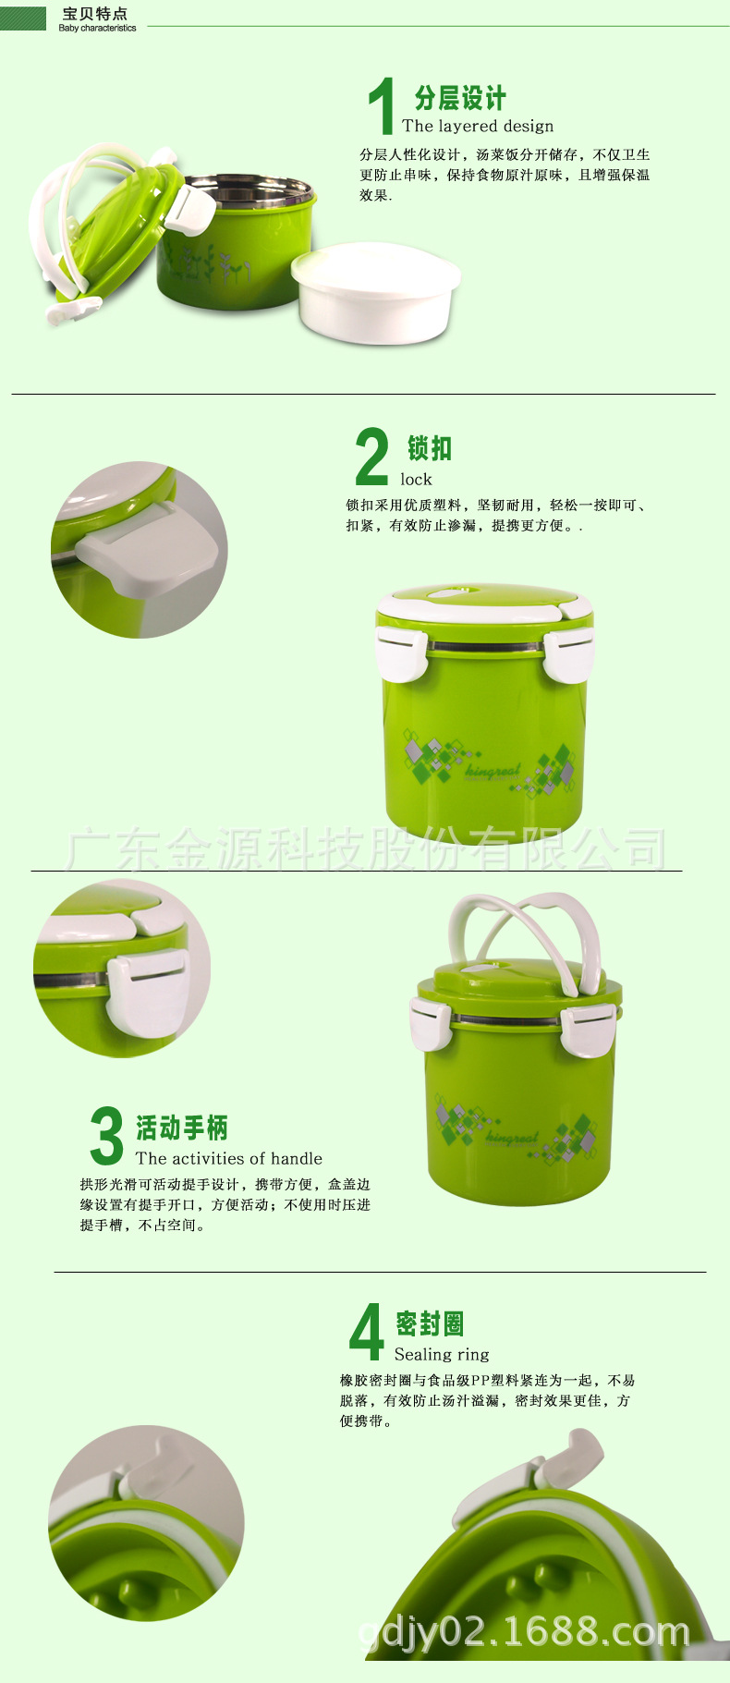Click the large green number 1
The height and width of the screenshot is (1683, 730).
(x=382, y=105)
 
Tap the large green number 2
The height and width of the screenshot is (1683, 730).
(x=372, y=456)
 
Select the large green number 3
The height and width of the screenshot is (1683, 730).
(x=107, y=1135)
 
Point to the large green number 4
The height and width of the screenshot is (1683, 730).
(x=367, y=1331)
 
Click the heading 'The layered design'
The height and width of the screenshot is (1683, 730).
(x=478, y=126)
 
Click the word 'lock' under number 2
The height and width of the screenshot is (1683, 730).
(x=416, y=479)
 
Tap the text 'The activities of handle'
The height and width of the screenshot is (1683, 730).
(x=229, y=1158)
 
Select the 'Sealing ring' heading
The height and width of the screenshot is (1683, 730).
(x=442, y=1354)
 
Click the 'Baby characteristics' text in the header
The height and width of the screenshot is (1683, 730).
(x=97, y=29)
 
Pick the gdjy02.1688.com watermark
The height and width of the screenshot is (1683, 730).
(x=524, y=1633)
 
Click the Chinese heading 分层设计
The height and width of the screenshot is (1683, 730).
(x=460, y=98)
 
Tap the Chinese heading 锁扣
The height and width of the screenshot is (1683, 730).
(x=430, y=448)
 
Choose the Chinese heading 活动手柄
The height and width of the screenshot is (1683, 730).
(x=182, y=1128)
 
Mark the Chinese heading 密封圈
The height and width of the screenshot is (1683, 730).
(x=430, y=1323)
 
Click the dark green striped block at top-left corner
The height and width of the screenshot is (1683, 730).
(x=23, y=18)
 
